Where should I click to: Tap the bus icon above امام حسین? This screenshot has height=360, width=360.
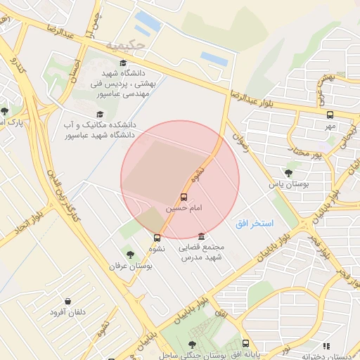tap(184, 198)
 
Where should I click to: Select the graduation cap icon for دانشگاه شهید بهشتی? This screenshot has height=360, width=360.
tap(123, 63)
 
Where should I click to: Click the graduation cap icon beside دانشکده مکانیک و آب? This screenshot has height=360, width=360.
tap(99, 114)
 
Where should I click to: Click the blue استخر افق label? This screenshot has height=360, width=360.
tap(255, 223)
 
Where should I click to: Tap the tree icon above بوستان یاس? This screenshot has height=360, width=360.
tap(288, 172)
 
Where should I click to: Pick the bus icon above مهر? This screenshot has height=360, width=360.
tap(330, 114)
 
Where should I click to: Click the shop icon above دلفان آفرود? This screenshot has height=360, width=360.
tap(67, 301)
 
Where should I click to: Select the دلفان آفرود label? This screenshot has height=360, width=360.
tap(68, 311)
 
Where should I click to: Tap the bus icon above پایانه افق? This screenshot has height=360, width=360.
tap(245, 344)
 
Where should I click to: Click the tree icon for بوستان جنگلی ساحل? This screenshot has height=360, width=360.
tap(192, 345)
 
